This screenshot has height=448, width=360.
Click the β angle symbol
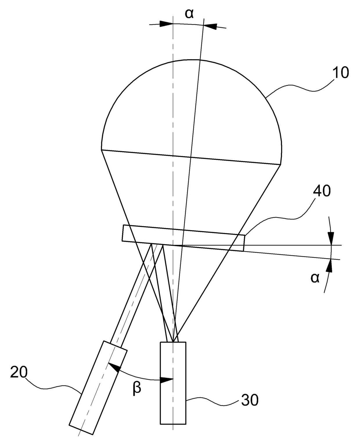[137, 388]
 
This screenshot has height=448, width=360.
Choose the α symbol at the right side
[315, 278]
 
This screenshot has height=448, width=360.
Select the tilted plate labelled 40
[183, 238]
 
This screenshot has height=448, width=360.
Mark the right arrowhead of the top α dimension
[209, 26]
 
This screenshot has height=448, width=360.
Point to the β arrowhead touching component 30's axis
[167, 380]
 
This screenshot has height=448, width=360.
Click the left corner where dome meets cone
[102, 150]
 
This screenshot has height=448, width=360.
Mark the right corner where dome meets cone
[281, 165]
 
